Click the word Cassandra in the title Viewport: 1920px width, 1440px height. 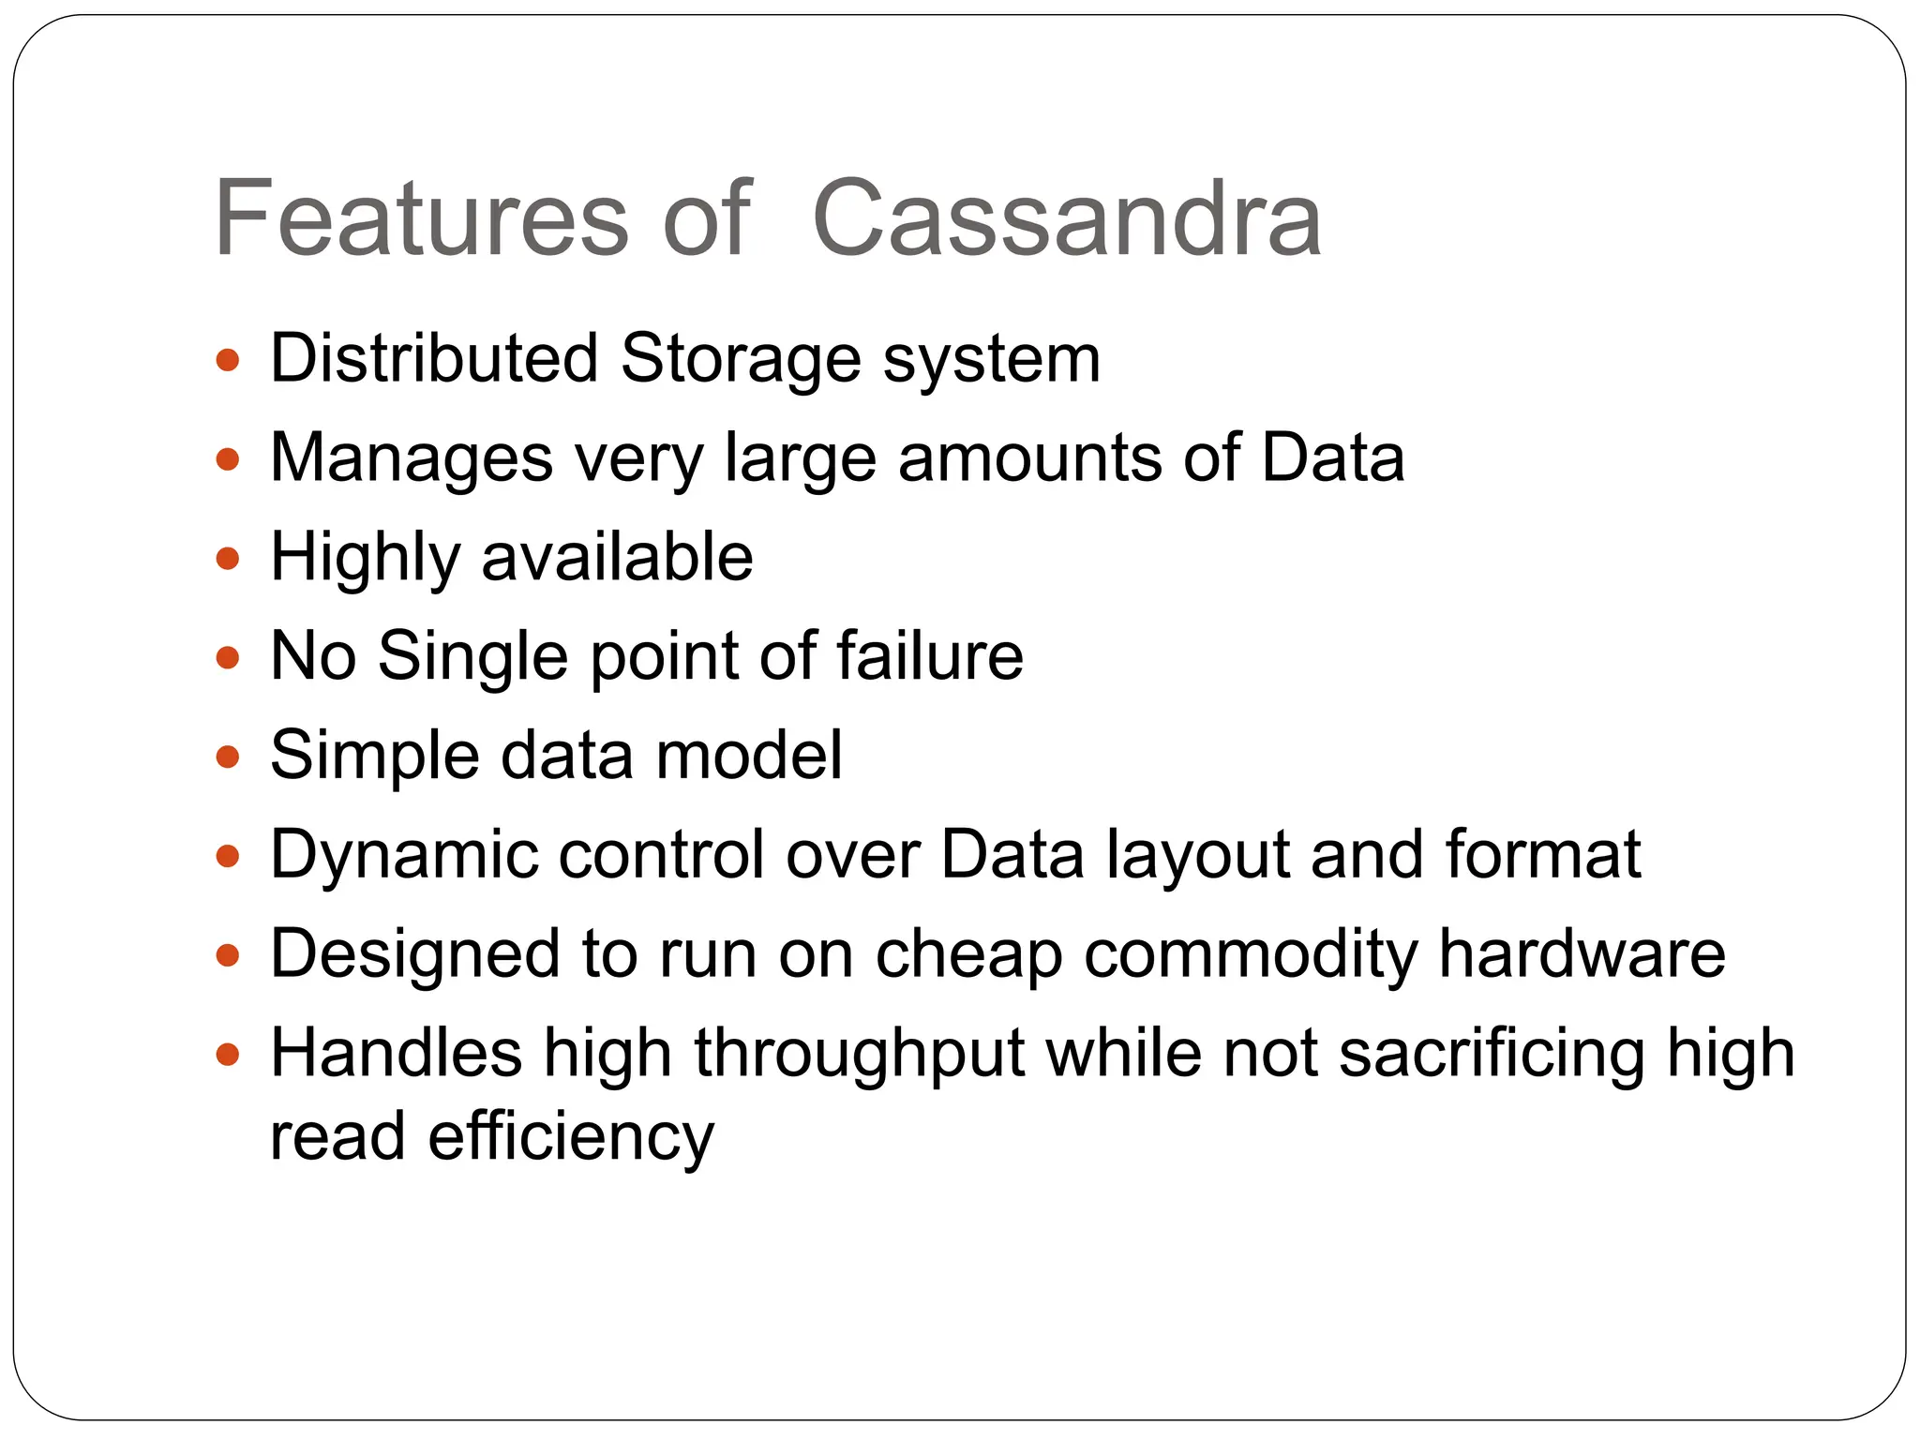(x=1067, y=218)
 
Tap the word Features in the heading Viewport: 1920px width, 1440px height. (x=421, y=218)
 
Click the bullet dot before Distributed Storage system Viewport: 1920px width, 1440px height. (x=228, y=360)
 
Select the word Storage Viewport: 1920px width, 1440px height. (x=741, y=360)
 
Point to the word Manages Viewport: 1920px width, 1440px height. (x=412, y=459)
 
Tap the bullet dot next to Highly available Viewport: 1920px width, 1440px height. (x=228, y=560)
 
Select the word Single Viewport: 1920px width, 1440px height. (x=472, y=658)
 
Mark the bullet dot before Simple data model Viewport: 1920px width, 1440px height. (x=228, y=757)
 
